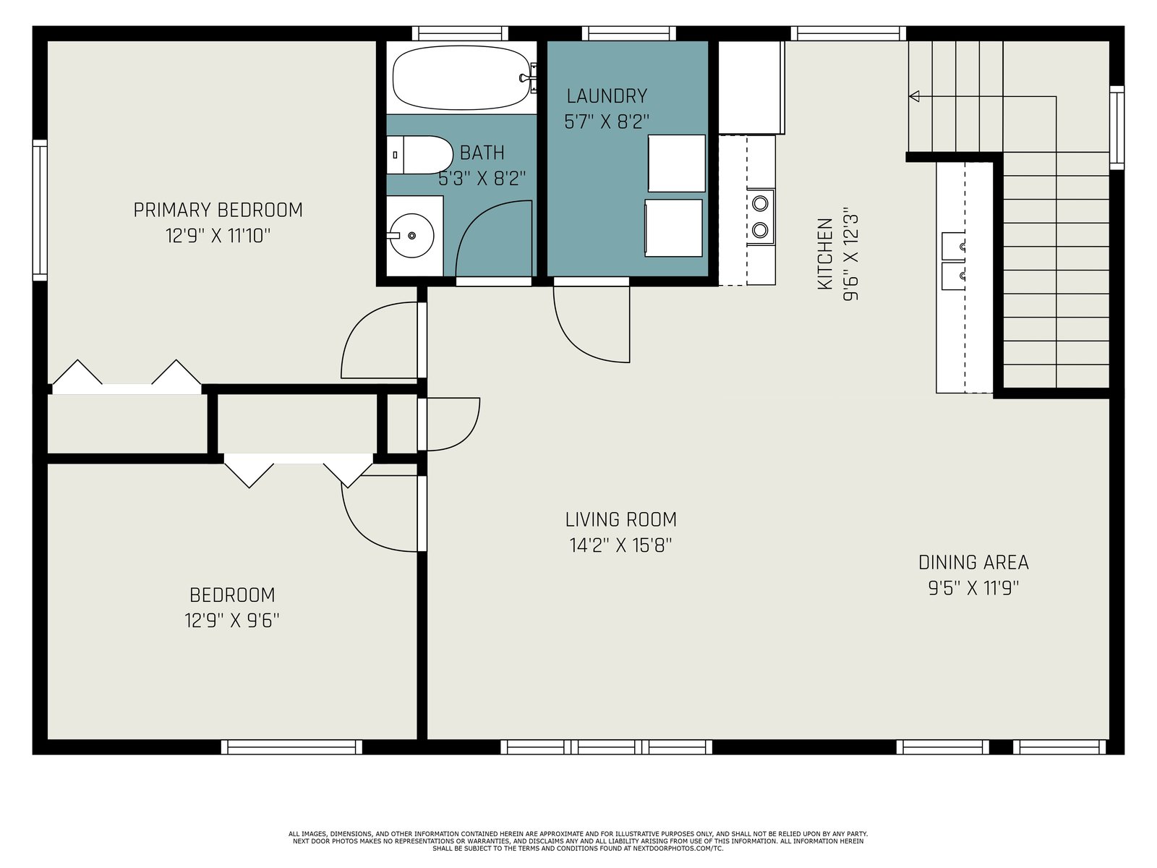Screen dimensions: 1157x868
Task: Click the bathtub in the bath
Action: pyautogui.click(x=462, y=77)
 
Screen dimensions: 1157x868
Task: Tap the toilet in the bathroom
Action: pyautogui.click(x=419, y=155)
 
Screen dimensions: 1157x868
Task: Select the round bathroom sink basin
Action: pyautogui.click(x=411, y=236)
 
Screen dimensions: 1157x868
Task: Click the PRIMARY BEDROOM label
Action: pyautogui.click(x=218, y=210)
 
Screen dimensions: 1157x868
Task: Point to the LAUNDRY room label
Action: pyautogui.click(x=607, y=96)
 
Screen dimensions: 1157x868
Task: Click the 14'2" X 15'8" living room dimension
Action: pyautogui.click(x=621, y=545)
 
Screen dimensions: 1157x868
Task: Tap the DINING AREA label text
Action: pyautogui.click(x=973, y=562)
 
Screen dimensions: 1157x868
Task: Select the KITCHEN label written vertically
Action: pyautogui.click(x=825, y=253)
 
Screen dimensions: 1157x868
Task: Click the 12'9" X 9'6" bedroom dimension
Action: pyautogui.click(x=232, y=621)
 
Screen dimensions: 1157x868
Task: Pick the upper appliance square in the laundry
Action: pyautogui.click(x=677, y=163)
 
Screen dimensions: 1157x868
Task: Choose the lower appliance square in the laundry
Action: pyautogui.click(x=674, y=228)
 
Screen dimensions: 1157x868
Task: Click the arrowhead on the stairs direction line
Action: pyautogui.click(x=915, y=96)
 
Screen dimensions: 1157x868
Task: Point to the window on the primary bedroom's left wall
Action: pyautogui.click(x=40, y=210)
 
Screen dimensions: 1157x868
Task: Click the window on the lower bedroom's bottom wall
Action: pyautogui.click(x=291, y=746)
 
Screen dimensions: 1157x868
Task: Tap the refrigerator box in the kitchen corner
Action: pyautogui.click(x=752, y=88)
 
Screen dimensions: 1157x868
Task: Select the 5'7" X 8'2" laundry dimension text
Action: pyautogui.click(x=607, y=122)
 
